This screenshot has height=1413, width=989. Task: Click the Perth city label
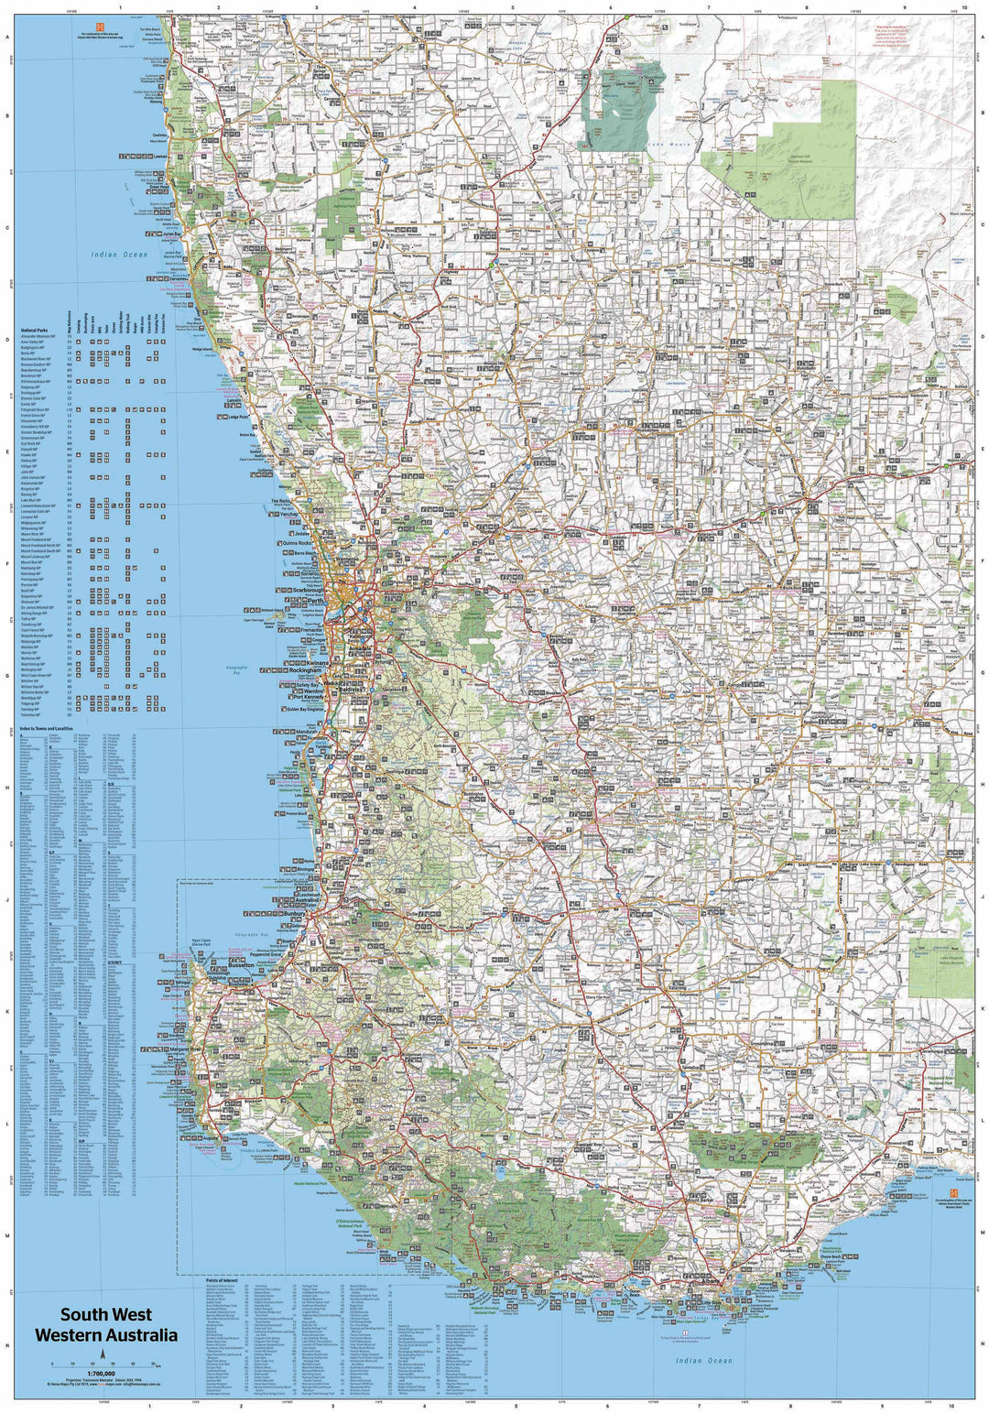tap(317, 601)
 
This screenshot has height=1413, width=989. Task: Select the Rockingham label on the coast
tap(307, 670)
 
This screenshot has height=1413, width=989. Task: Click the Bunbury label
tap(294, 914)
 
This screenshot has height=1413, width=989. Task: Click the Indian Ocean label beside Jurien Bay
tap(118, 254)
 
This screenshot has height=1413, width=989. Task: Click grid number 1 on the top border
tap(120, 7)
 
